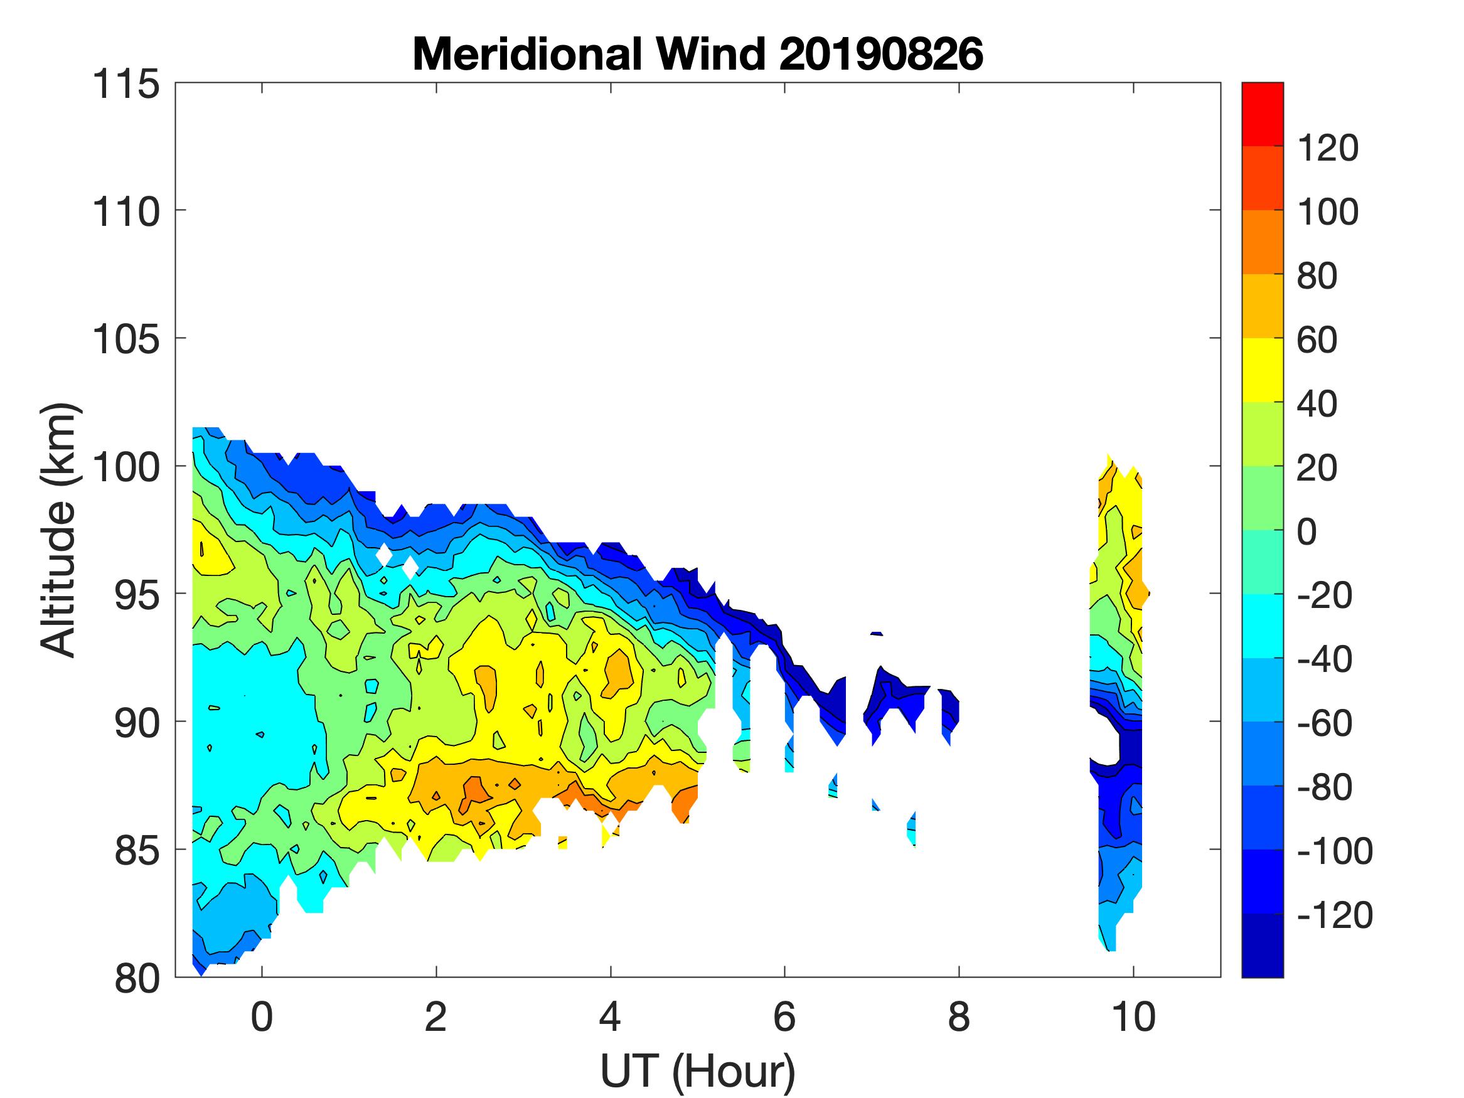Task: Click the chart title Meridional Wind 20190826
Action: pyautogui.click(x=697, y=54)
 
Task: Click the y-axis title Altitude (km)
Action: pyautogui.click(x=60, y=530)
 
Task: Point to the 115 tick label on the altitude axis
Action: pyautogui.click(x=126, y=85)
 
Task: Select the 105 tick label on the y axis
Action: pyautogui.click(x=126, y=339)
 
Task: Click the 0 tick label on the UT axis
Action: pyautogui.click(x=262, y=1017)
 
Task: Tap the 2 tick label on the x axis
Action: pyautogui.click(x=436, y=1017)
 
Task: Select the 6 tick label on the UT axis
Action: pyautogui.click(x=784, y=1017)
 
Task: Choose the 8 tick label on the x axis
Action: pyautogui.click(x=959, y=1017)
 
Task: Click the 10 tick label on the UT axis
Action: pyautogui.click(x=1134, y=1017)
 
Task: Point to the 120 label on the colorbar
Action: pyautogui.click(x=1327, y=148)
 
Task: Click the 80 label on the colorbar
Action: pyautogui.click(x=1317, y=276)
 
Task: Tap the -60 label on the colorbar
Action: pyautogui.click(x=1324, y=723)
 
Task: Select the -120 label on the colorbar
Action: pyautogui.click(x=1334, y=915)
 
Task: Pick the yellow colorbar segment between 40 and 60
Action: pyautogui.click(x=1262, y=371)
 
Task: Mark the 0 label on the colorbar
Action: pyautogui.click(x=1306, y=531)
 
